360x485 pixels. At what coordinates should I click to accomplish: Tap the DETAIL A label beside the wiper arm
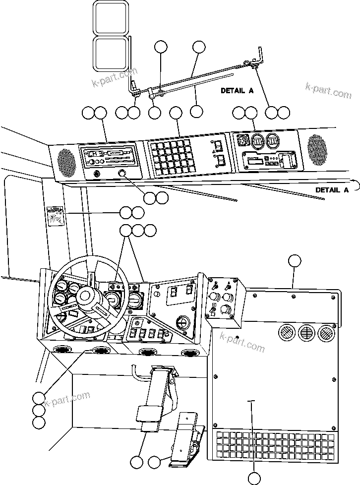(x=237, y=91)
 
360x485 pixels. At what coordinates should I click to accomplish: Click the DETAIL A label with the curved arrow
(x=332, y=189)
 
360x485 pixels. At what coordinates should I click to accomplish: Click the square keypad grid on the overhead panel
(x=171, y=158)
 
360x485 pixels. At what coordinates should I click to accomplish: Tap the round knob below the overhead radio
(x=123, y=174)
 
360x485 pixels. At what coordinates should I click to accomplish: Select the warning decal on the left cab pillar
(x=56, y=217)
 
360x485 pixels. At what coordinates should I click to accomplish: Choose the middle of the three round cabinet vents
(x=306, y=332)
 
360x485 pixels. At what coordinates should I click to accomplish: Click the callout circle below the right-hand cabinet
(x=254, y=478)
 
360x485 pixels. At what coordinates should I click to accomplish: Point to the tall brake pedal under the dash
(x=153, y=397)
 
